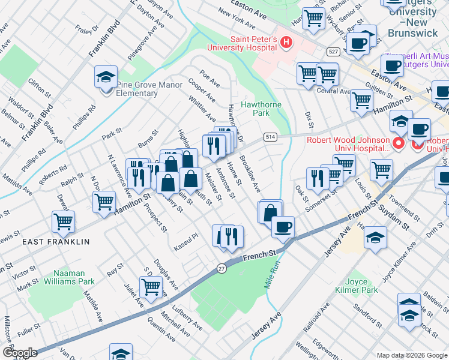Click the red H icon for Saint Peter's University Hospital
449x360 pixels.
click(x=286, y=43)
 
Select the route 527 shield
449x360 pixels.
click(x=333, y=52)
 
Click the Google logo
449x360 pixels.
click(x=20, y=352)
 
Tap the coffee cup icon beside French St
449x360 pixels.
click(x=283, y=227)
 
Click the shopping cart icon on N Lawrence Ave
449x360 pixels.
click(x=104, y=201)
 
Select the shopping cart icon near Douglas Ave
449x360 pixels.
click(x=151, y=286)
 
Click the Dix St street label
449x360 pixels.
click(x=309, y=119)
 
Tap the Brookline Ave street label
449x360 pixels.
click(x=250, y=174)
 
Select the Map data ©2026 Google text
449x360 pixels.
click(x=411, y=355)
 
